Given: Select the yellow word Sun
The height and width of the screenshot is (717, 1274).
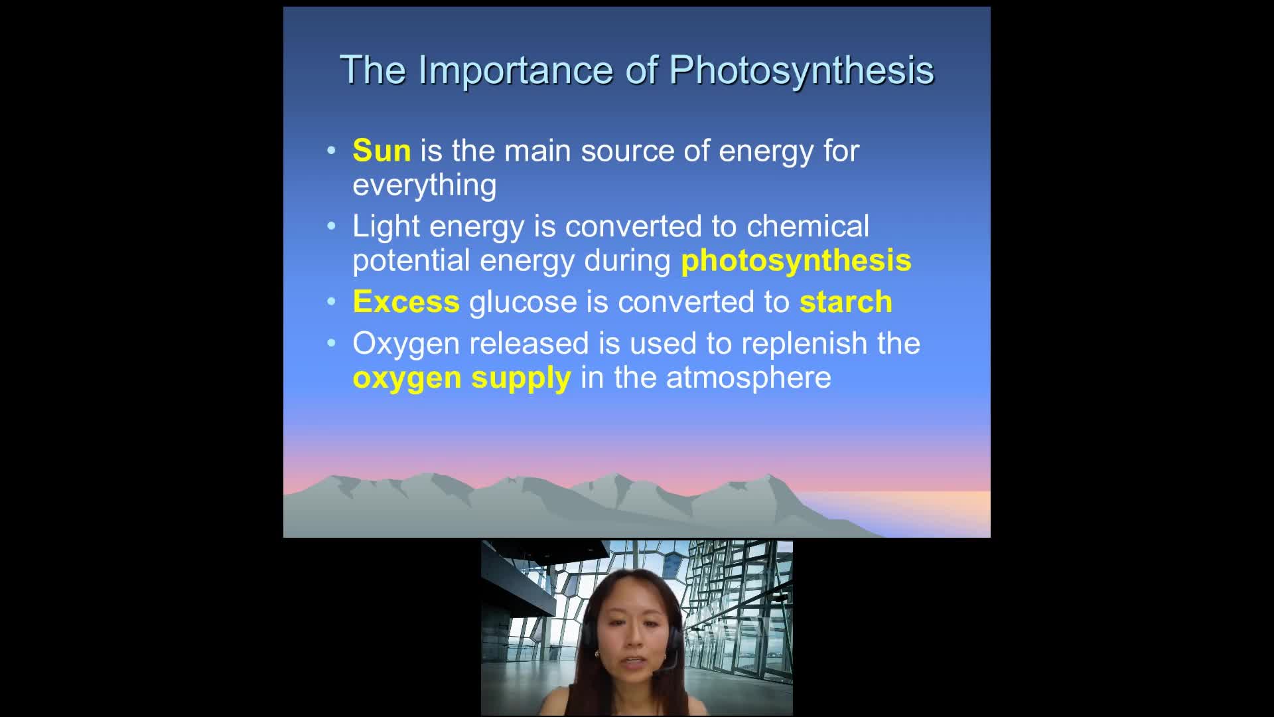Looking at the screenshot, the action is pos(382,151).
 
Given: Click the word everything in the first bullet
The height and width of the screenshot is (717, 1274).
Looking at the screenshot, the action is pos(425,186).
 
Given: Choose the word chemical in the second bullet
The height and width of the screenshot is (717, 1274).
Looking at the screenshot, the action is pos(808,226).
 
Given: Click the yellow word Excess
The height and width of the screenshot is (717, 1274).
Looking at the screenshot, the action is pos(406,302).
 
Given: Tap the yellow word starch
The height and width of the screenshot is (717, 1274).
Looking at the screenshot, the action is pos(846,302).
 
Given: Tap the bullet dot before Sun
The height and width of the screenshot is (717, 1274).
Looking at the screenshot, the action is pos(332,151).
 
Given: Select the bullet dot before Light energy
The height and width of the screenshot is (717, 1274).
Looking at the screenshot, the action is pos(332,226).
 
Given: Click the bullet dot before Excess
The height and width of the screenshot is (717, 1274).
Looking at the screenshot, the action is pos(332,302).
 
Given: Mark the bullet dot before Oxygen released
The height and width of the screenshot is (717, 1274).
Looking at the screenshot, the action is pos(332,344).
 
